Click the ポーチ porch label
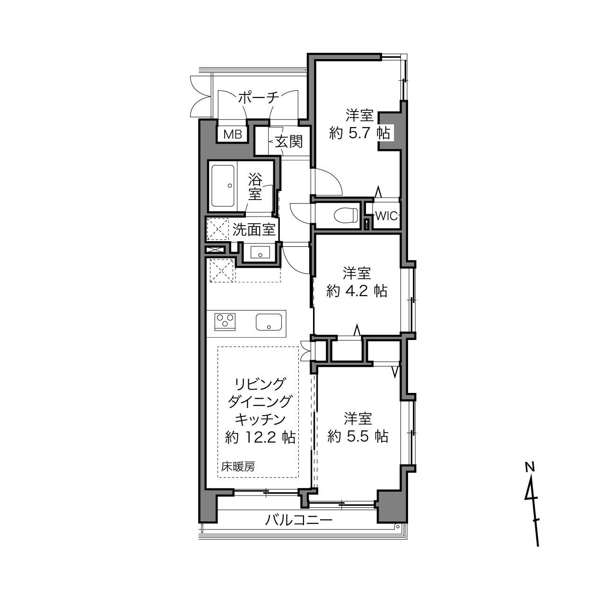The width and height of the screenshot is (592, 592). (259, 98)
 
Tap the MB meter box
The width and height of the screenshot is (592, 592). (233, 134)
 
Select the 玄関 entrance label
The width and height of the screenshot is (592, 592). (288, 141)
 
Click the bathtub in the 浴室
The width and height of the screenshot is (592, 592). (223, 186)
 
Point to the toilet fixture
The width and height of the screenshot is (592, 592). (346, 215)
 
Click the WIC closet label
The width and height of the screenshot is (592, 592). (386, 216)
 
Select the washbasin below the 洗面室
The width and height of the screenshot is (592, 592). (260, 252)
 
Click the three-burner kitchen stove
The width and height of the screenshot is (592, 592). (225, 322)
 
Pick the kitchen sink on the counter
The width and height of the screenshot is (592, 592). (269, 322)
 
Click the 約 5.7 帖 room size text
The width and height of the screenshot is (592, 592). (359, 133)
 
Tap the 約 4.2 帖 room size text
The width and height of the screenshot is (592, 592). (357, 291)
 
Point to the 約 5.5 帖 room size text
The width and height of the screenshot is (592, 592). (358, 436)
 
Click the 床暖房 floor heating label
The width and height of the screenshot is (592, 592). (238, 467)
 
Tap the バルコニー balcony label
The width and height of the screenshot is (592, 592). (299, 521)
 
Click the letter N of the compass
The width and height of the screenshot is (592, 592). (530, 467)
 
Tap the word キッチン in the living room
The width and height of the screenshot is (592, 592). (260, 419)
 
